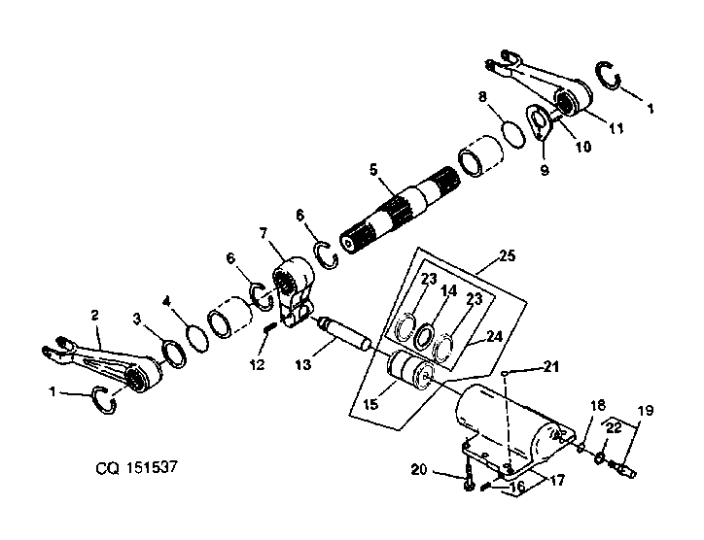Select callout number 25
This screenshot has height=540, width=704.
coord(507,256)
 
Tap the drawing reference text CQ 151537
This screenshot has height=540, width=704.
coord(137,467)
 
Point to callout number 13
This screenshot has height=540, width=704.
coord(303,364)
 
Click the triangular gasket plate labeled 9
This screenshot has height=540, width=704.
coord(539,122)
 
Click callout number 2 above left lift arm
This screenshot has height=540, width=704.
coord(94,316)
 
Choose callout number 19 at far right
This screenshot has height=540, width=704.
coord(646,411)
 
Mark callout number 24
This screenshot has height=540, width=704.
coord(494,336)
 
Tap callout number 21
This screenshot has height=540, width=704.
coord(551,366)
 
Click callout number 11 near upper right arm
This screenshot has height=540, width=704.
coord(616,128)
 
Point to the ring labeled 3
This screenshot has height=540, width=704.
coord(174,354)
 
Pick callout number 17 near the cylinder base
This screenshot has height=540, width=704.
coord(557,481)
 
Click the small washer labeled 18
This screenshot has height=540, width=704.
coord(581,447)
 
